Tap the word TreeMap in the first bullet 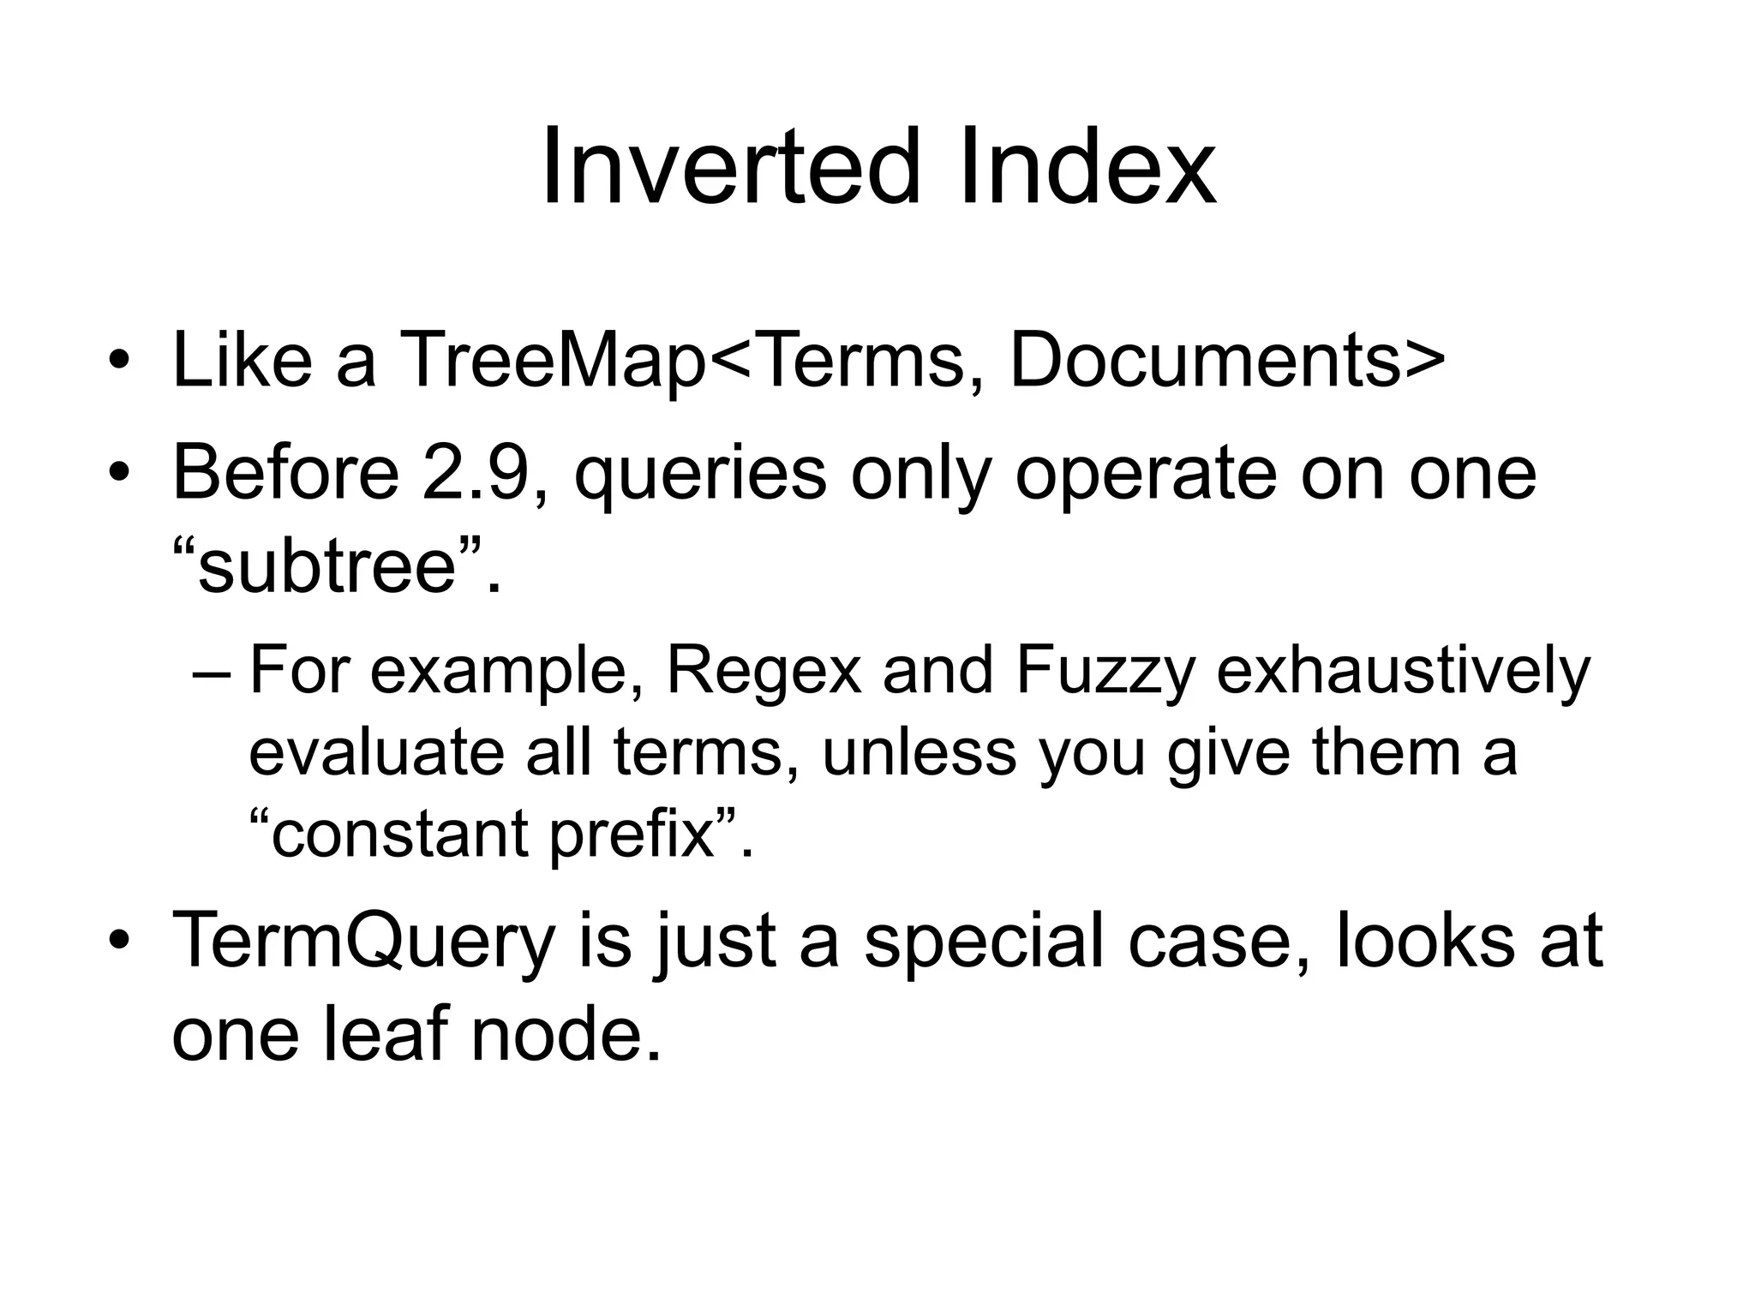(x=553, y=361)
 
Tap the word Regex (x=764, y=673)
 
